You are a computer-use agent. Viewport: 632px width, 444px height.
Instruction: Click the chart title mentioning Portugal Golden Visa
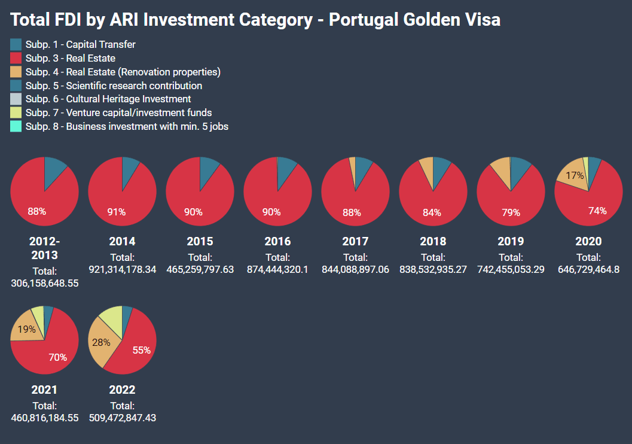coord(255,20)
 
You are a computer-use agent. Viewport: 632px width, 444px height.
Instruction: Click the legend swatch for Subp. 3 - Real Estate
coord(16,58)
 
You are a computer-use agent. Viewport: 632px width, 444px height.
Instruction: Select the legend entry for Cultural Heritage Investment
coord(108,99)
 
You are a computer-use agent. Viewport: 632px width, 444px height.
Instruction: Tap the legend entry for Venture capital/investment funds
coord(118,112)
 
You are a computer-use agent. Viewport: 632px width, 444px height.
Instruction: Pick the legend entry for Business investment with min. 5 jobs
coord(127,126)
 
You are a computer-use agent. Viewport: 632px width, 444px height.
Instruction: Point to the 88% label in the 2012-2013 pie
coord(37,211)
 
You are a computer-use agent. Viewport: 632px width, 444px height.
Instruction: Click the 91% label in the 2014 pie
coord(116,212)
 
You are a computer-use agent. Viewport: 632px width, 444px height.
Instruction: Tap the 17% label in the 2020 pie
coord(575,176)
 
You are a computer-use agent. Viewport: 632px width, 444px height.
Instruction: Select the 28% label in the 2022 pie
coord(101,342)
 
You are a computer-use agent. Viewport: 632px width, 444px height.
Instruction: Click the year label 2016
coord(277,242)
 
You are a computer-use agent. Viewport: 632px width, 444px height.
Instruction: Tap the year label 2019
coord(511,242)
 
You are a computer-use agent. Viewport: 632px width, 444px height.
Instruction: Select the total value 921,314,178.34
coord(122,269)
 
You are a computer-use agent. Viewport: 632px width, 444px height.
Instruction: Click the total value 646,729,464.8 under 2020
coord(588,269)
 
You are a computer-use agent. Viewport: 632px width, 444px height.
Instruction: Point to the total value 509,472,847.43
coord(122,418)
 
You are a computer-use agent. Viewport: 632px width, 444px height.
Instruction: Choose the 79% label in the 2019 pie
coord(511,212)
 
